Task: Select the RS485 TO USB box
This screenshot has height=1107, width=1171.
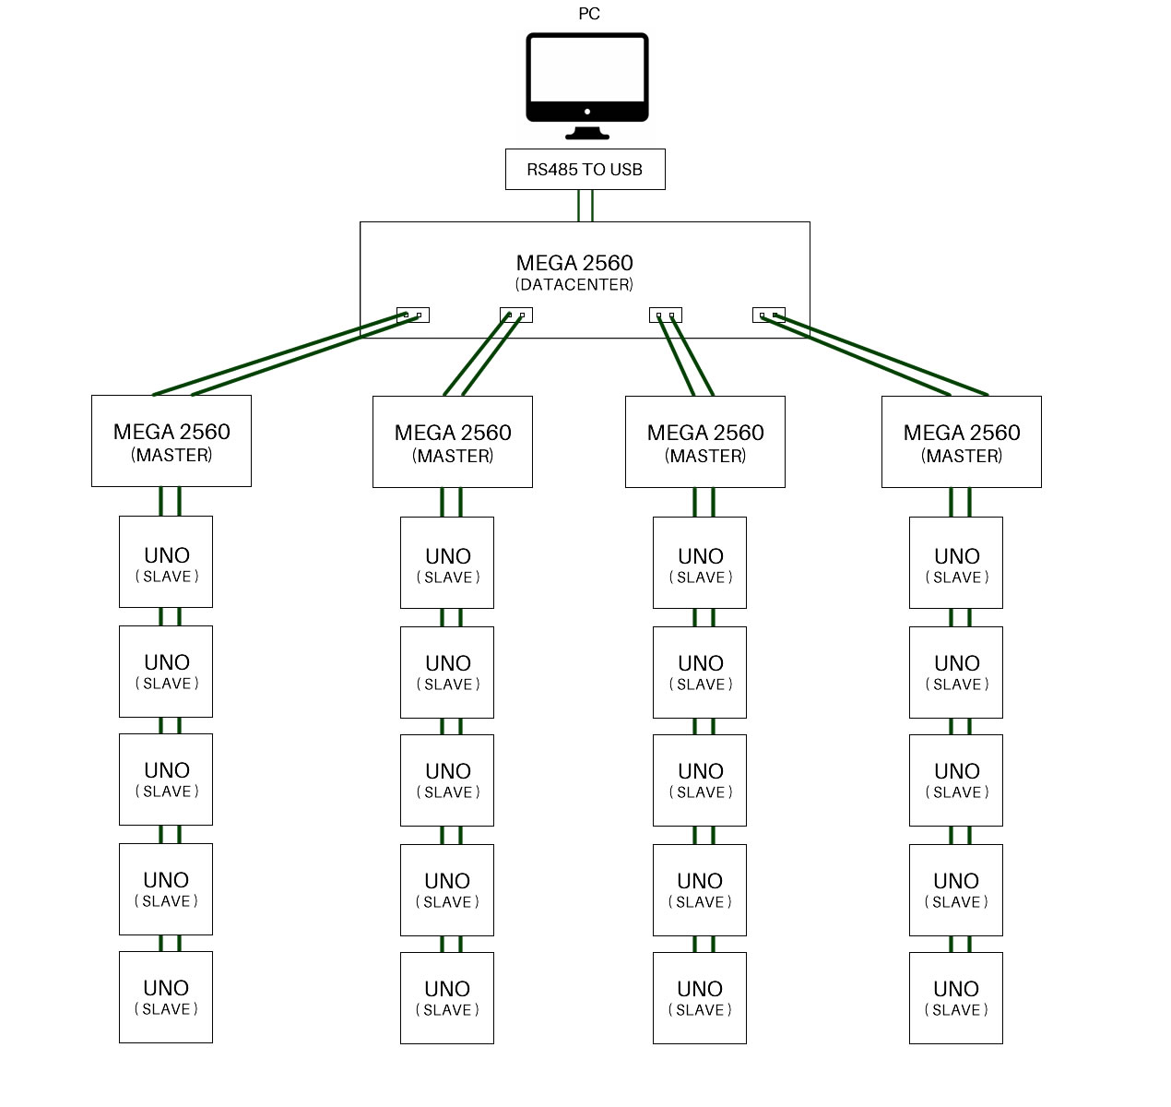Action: (585, 170)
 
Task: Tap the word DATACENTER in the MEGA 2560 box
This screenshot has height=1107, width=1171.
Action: (574, 285)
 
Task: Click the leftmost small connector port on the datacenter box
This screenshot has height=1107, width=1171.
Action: (412, 315)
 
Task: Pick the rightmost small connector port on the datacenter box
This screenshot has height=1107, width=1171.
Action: (768, 315)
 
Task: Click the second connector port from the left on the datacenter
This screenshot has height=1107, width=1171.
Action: (515, 315)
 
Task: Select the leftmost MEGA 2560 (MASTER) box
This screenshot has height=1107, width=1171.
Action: (172, 441)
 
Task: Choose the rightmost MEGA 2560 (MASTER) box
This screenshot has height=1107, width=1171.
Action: (961, 442)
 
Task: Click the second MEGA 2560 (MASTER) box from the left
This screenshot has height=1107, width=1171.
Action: (452, 442)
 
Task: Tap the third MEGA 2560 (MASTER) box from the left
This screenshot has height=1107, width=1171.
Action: (704, 442)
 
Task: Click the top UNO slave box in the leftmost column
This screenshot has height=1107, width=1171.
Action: (166, 562)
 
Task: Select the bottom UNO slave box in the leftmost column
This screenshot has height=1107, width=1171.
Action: (166, 997)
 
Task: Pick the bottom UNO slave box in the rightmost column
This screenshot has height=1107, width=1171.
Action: (955, 998)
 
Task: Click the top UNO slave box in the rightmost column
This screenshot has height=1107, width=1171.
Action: (955, 563)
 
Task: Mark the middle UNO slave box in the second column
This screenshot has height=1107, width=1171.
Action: (447, 780)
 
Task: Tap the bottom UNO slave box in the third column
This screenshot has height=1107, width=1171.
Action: (699, 998)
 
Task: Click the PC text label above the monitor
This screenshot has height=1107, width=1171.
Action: (588, 14)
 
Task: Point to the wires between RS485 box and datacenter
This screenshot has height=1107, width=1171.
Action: (585, 206)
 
